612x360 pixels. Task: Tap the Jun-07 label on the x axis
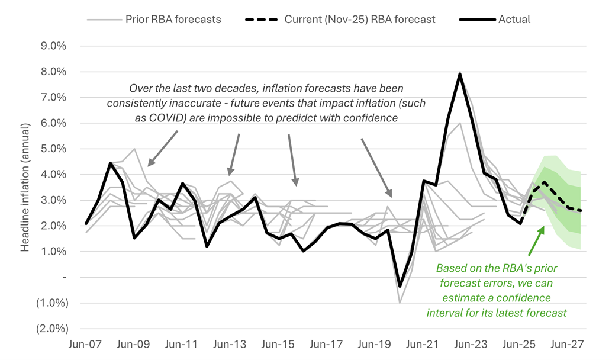point(86,344)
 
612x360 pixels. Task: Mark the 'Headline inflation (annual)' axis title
point(25,187)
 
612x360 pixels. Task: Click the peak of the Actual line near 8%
point(460,74)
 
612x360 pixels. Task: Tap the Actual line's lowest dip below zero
point(400,286)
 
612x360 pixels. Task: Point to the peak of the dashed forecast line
point(543,182)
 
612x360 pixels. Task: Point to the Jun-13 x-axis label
point(229,344)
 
